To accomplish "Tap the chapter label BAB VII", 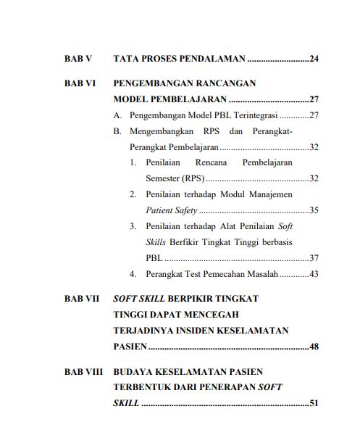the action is pos(82,299).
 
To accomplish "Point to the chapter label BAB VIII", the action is pos(84,372).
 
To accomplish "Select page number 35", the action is pos(314,210).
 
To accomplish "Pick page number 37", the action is pos(314,257).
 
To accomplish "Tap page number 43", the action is pos(314,274).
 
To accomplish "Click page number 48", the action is pos(314,347).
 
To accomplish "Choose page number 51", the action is pos(314,403).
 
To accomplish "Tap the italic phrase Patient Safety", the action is pos(171,210).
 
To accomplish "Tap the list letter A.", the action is pos(117,115).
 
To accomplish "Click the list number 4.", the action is pos(133,274).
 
